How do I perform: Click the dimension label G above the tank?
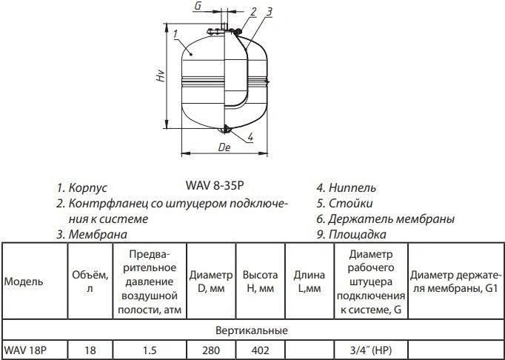198,6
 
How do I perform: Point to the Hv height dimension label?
161,76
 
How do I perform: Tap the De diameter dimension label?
224,147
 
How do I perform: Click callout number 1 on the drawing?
175,33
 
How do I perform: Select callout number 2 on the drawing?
253,12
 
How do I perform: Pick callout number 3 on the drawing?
270,12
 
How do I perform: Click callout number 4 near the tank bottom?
250,137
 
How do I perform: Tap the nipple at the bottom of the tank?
225,130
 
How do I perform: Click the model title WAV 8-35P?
215,185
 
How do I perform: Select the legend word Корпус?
88,188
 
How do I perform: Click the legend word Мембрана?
98,234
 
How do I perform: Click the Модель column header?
24,281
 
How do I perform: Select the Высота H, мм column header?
260,281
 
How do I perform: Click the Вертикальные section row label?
252,330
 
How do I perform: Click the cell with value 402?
260,350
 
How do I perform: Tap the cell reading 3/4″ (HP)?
371,350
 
